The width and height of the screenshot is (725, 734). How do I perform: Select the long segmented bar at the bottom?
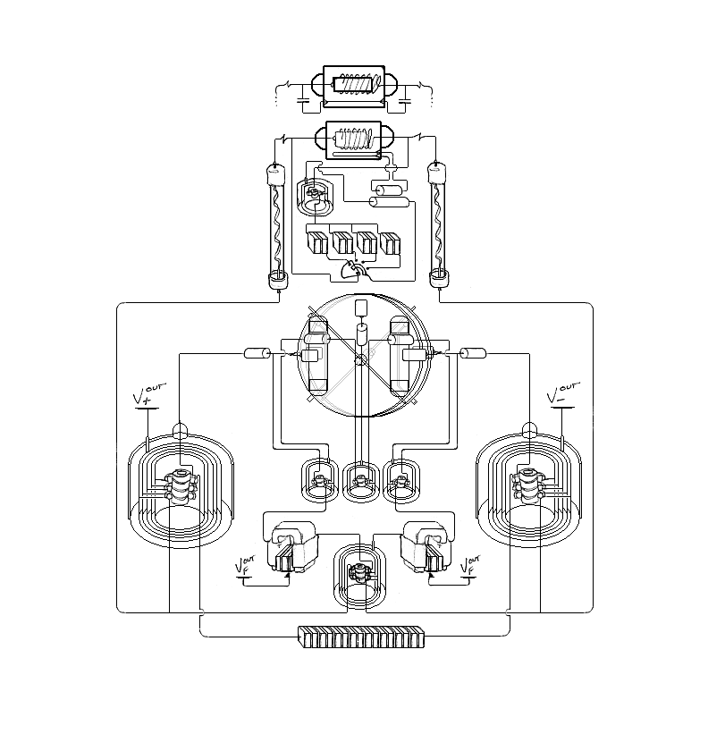pos(361,637)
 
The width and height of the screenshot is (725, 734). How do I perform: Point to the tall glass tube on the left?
pos(276,225)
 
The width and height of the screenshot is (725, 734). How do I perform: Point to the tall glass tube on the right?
pos(439,224)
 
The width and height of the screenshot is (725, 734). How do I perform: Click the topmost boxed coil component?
pos(354,87)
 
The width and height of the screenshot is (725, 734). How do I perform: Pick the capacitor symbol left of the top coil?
pos(304,100)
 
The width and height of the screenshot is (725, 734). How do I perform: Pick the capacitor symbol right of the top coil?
pos(404,100)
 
